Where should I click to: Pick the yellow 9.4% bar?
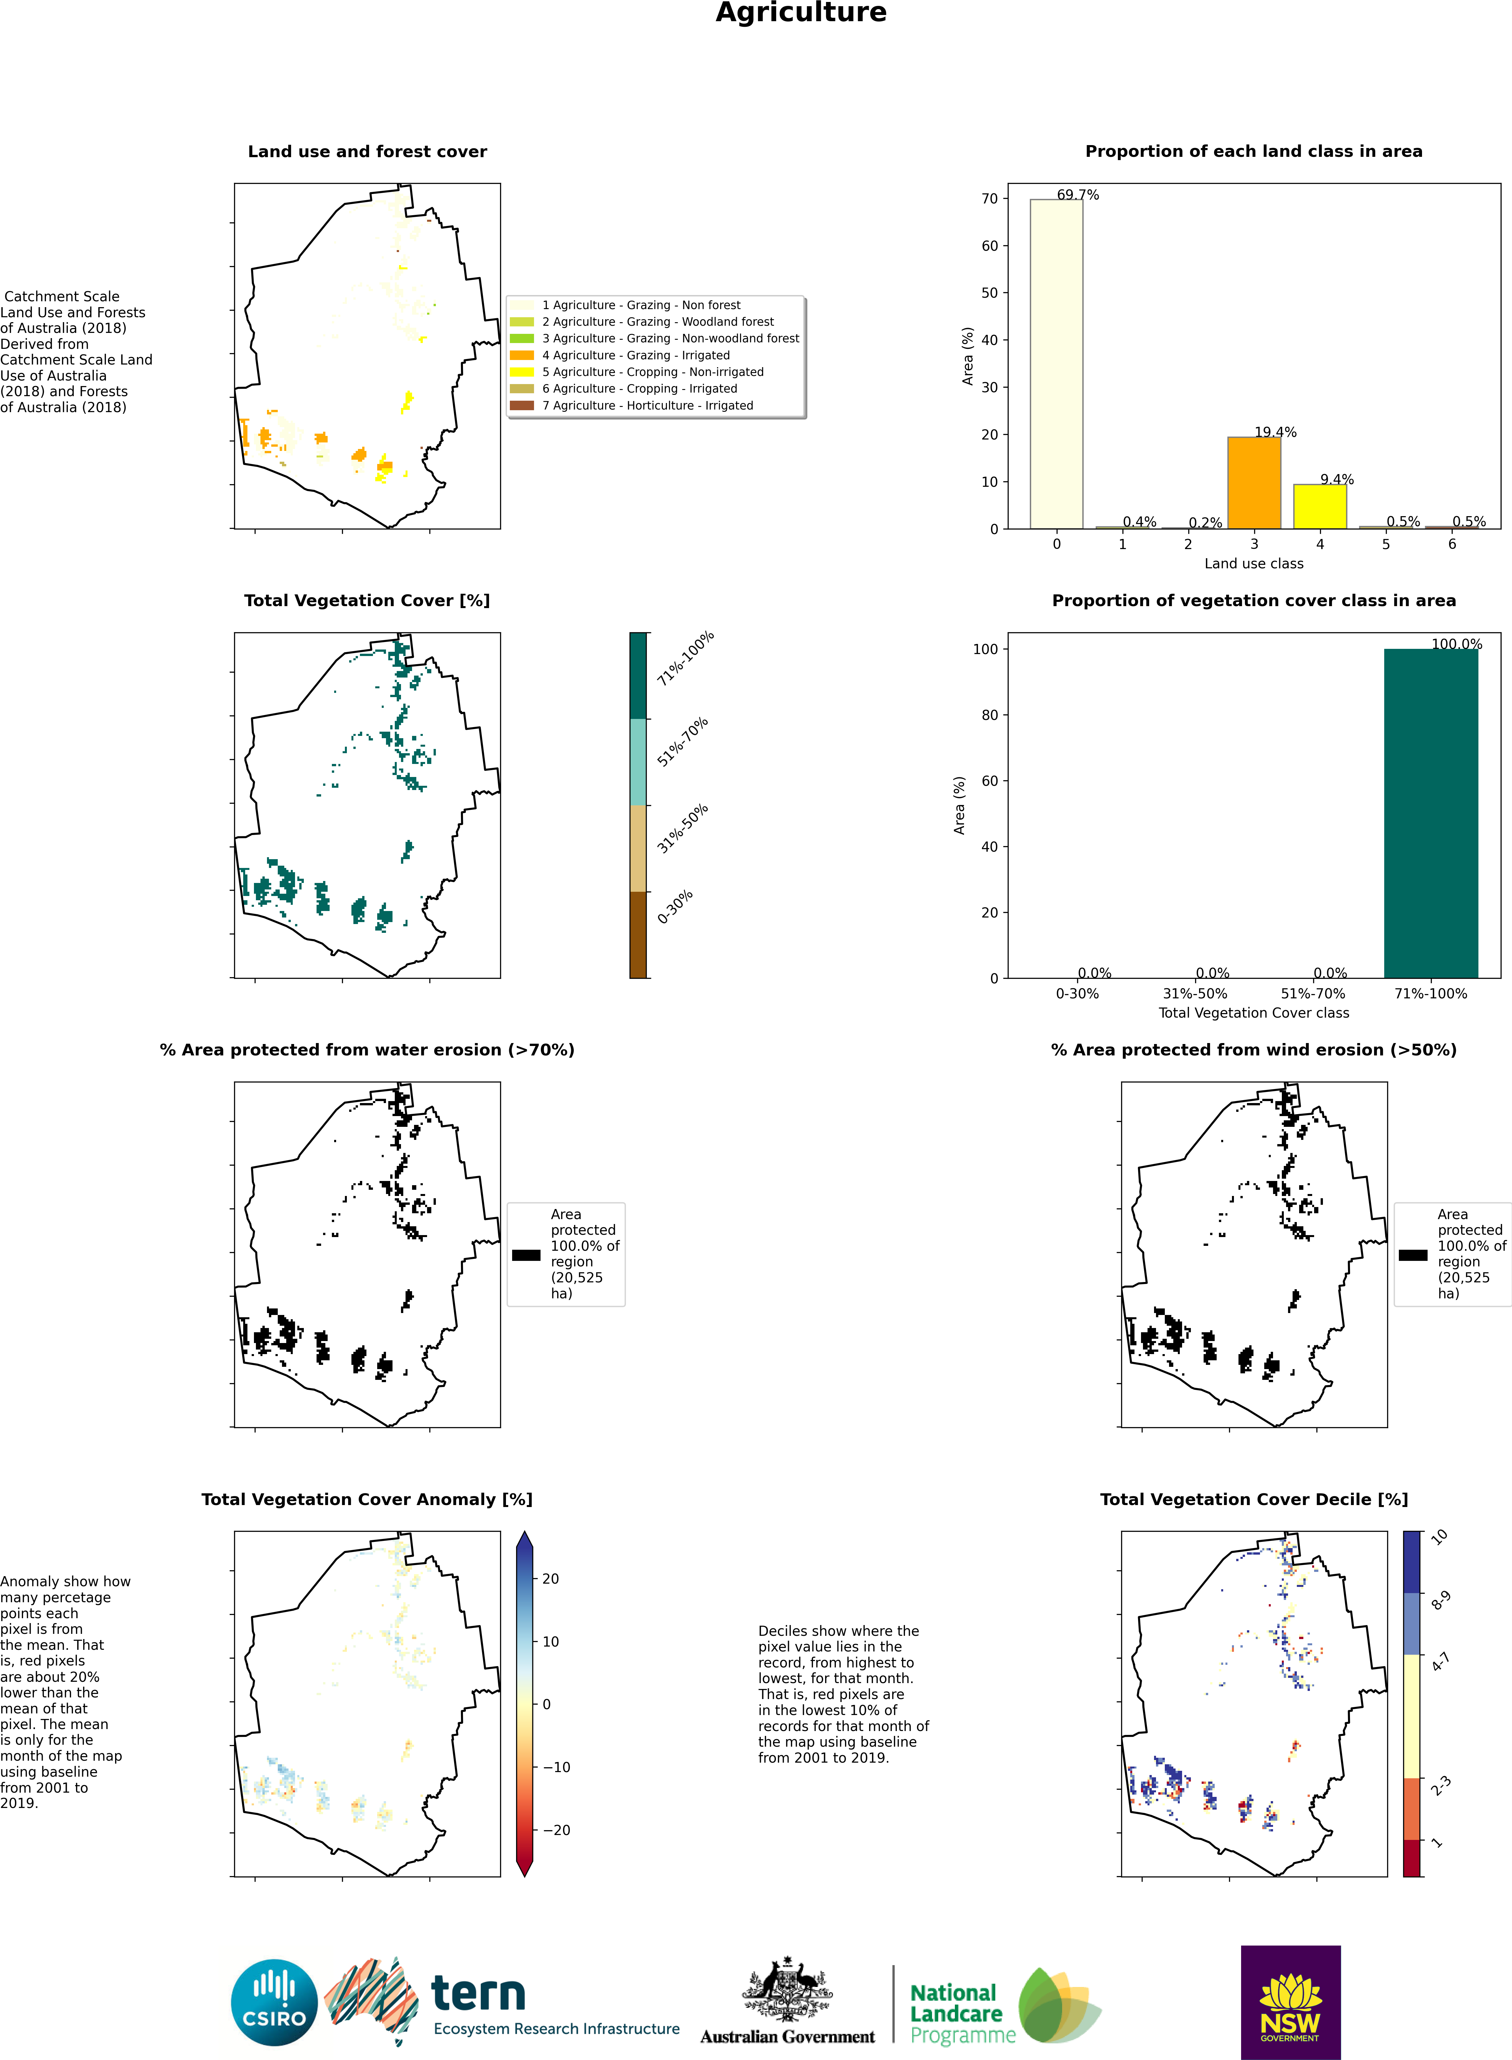click(1320, 506)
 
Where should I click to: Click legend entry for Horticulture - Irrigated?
click(647, 405)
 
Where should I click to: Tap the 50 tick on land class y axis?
click(989, 293)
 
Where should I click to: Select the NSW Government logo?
click(1291, 2002)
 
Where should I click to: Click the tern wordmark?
click(479, 1993)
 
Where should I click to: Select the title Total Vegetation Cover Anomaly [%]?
click(367, 1499)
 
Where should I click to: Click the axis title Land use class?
click(1254, 564)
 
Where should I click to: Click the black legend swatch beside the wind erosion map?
click(1412, 1255)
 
